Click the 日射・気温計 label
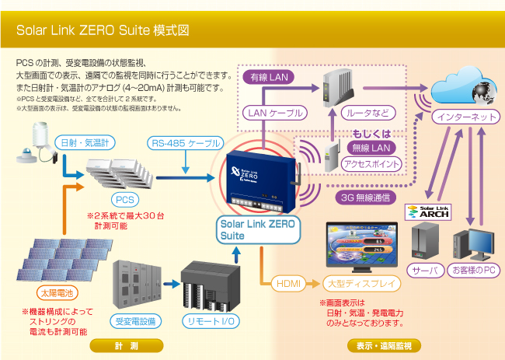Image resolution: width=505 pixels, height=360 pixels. [87, 143]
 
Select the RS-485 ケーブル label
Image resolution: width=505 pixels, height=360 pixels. [186, 143]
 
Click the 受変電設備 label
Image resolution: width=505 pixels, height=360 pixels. [137, 320]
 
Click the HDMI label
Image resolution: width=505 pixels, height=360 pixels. [288, 284]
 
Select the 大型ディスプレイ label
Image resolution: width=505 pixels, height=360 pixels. [361, 284]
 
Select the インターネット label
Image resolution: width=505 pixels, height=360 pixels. [463, 117]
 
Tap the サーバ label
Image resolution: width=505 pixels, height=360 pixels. [427, 270]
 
